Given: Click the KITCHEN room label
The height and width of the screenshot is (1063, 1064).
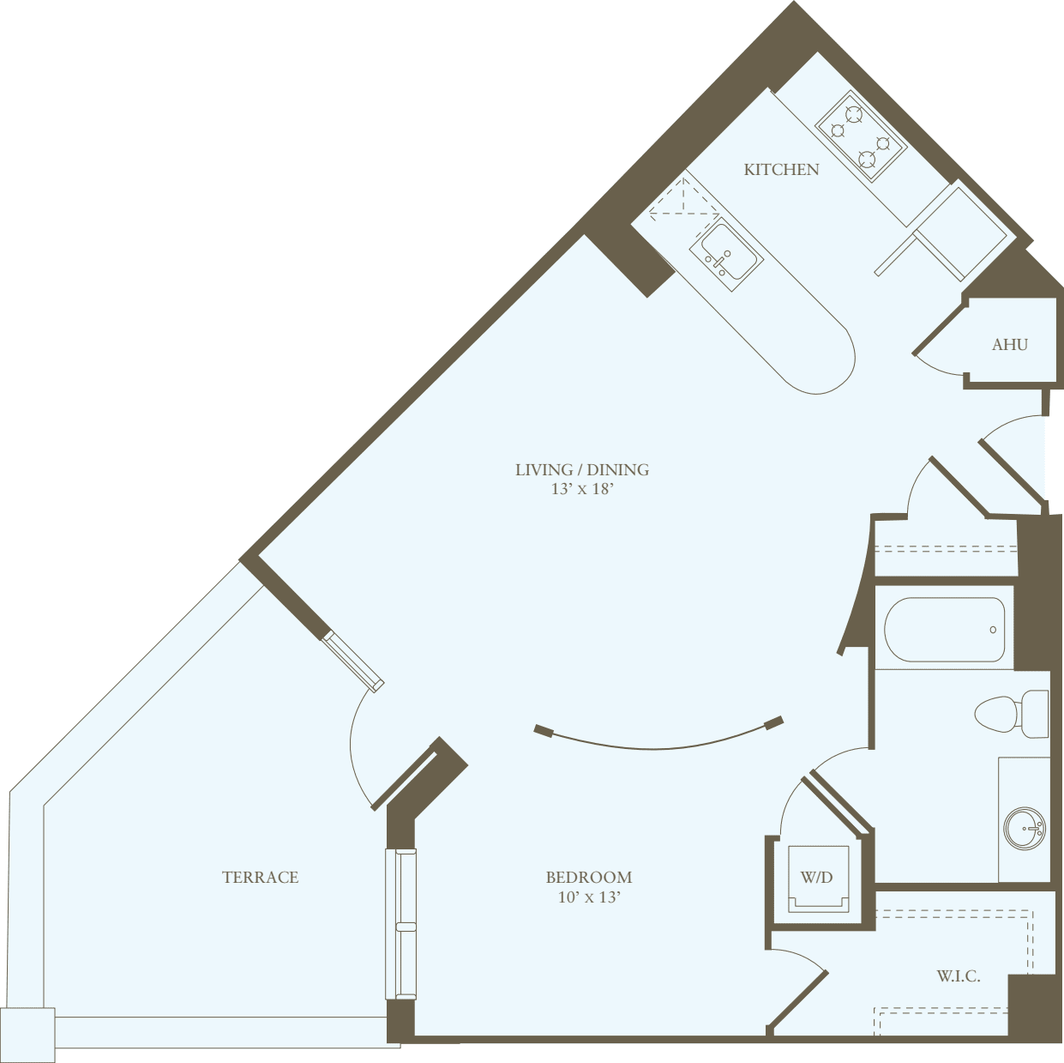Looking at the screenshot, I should click(x=781, y=170).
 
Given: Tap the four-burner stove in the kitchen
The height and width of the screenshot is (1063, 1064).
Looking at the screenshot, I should click(x=860, y=136).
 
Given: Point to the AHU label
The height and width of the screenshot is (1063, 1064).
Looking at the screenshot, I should click(x=1009, y=345).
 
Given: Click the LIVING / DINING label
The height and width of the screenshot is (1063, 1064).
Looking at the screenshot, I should click(x=581, y=469).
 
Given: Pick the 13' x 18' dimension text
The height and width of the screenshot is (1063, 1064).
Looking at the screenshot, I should click(x=582, y=489).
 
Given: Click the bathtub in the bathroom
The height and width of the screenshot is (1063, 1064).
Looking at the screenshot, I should click(x=944, y=630).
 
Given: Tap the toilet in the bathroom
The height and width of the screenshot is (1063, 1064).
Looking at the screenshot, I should click(x=1012, y=714).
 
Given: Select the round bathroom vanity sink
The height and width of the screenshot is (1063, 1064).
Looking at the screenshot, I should click(x=1025, y=828).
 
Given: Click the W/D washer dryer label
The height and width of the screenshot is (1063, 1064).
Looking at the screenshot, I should click(x=816, y=878).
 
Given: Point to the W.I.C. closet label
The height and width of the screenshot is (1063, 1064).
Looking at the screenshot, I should click(x=958, y=976).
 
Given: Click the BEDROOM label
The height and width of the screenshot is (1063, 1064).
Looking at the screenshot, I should click(x=588, y=877).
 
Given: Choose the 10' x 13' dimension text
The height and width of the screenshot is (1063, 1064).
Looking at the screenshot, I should click(x=588, y=897).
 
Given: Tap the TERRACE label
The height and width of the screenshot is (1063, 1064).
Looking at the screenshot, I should click(x=260, y=877).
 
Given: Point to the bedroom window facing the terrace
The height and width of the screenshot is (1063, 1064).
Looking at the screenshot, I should click(x=401, y=924).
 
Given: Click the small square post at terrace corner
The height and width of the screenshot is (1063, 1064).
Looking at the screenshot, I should click(x=27, y=1034).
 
